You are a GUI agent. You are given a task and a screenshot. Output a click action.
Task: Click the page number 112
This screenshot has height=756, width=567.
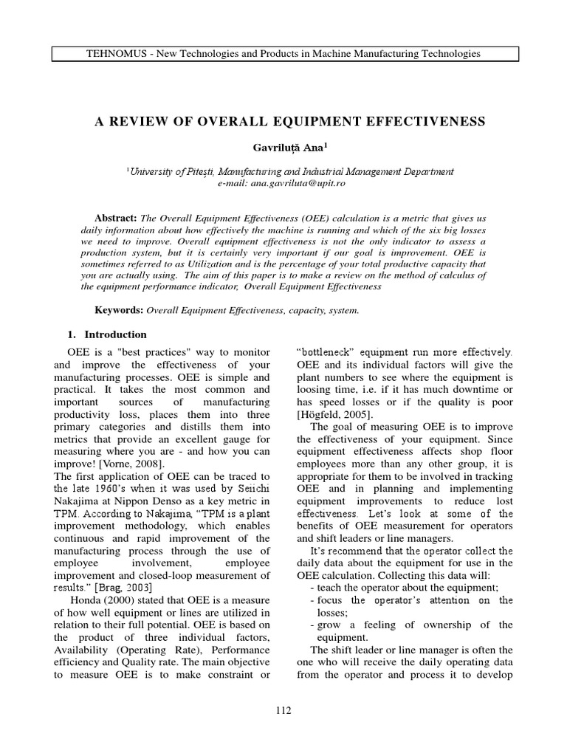(x=283, y=710)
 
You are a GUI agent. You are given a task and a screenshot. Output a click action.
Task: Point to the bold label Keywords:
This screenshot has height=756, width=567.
(x=120, y=310)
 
